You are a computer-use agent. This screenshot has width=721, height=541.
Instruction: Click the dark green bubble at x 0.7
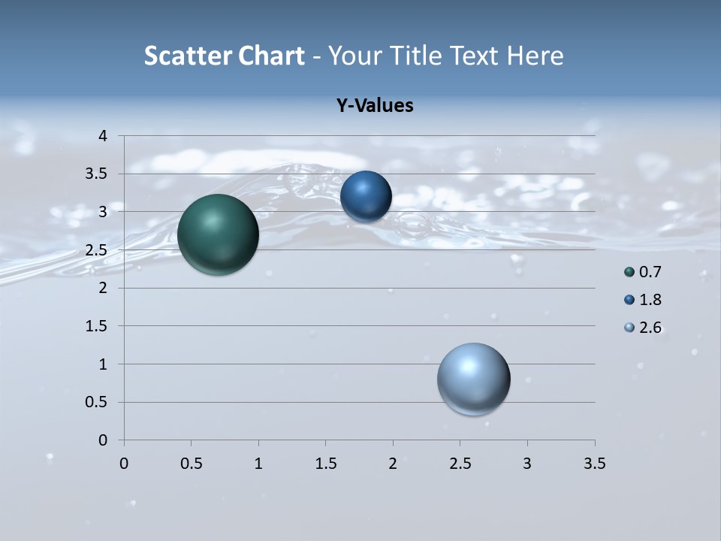point(218,234)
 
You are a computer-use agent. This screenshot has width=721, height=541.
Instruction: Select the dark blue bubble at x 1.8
point(366,197)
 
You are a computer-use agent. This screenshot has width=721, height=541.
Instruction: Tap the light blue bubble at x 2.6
point(473,379)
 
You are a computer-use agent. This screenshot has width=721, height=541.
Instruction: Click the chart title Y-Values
point(375,105)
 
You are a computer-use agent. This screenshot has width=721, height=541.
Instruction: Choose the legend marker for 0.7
point(629,272)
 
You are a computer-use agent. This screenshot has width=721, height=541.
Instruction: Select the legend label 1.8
point(650,300)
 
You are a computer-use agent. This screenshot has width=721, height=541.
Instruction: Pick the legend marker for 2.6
point(629,328)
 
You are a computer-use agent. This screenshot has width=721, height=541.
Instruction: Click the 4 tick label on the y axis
point(104,136)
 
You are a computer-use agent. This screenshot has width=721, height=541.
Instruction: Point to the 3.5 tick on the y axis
point(99,174)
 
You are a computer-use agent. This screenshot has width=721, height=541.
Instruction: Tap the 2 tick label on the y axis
point(104,288)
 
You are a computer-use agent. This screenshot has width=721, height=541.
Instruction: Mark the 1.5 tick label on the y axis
point(99,326)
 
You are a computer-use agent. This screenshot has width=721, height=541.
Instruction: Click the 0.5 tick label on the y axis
point(99,402)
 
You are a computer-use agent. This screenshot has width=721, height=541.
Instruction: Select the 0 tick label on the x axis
point(124,464)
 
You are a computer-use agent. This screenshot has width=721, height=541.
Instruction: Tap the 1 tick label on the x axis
point(258,464)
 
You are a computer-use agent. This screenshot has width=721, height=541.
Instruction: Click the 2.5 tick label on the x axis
point(460,464)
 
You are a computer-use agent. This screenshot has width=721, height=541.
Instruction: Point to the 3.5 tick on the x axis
point(594,464)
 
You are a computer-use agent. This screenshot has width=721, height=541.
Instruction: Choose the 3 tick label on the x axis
point(527,464)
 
